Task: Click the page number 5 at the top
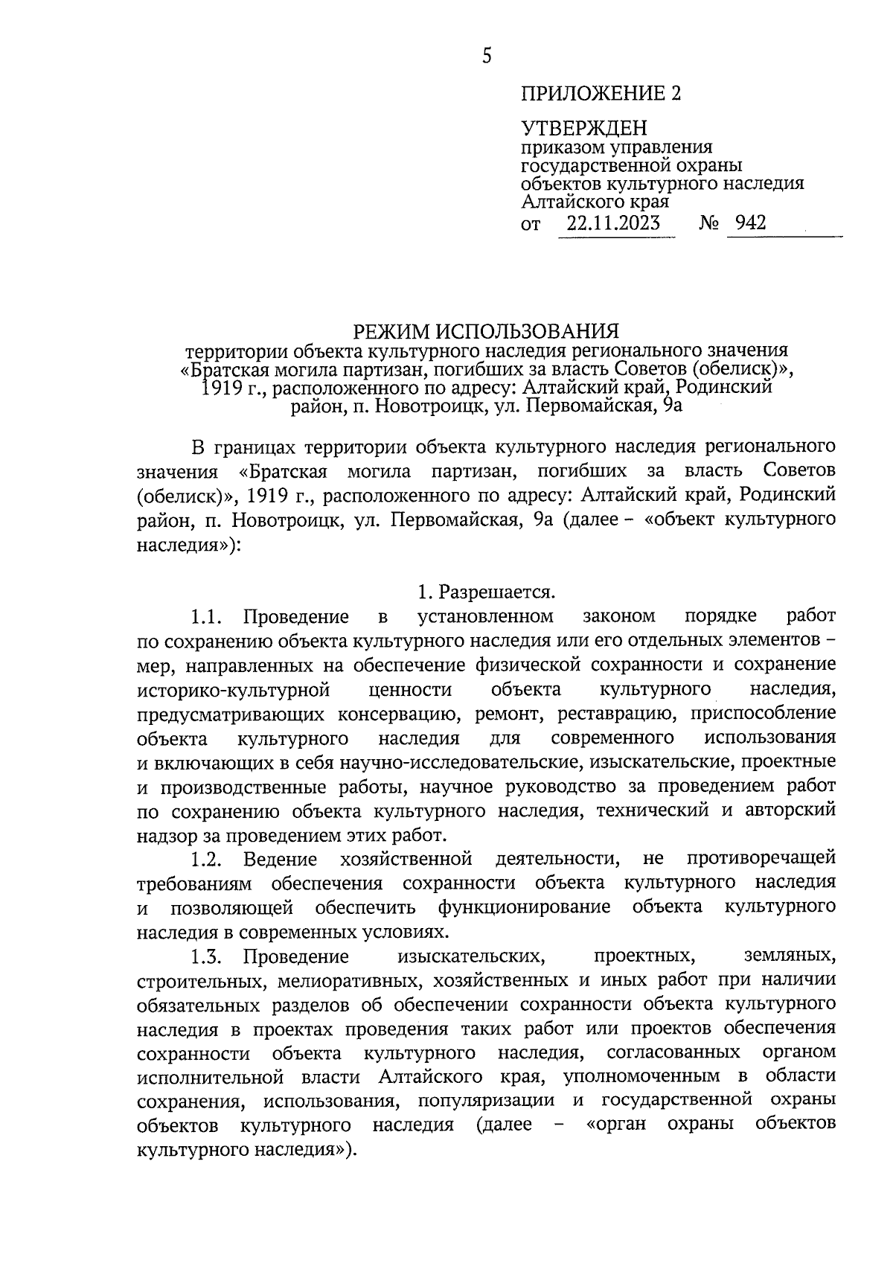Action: (x=487, y=56)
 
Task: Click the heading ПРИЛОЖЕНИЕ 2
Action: (x=601, y=94)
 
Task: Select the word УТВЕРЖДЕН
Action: (x=583, y=128)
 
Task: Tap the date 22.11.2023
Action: (x=612, y=223)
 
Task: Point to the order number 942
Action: (x=750, y=223)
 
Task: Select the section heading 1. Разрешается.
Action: (x=487, y=592)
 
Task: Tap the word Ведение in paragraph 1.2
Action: (x=280, y=859)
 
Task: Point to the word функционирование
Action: (x=524, y=907)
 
